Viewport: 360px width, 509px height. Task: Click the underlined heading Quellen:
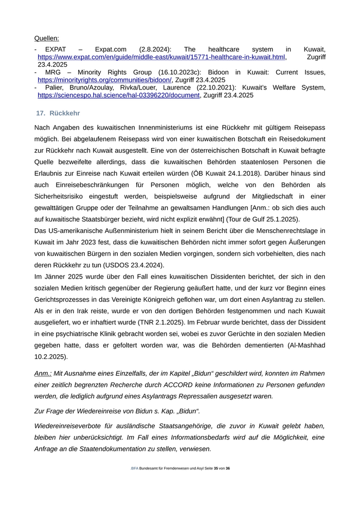point(46,38)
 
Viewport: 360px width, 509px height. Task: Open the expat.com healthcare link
point(162,57)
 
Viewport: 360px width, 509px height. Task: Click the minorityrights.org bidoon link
point(104,80)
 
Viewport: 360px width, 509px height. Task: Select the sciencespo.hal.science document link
point(118,95)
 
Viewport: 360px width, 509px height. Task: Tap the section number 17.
point(41,113)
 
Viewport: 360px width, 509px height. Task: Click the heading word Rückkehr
point(65,113)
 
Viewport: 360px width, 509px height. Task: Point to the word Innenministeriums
point(170,128)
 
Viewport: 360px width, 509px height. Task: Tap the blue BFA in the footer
point(135,468)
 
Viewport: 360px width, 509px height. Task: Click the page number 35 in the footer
point(216,468)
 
